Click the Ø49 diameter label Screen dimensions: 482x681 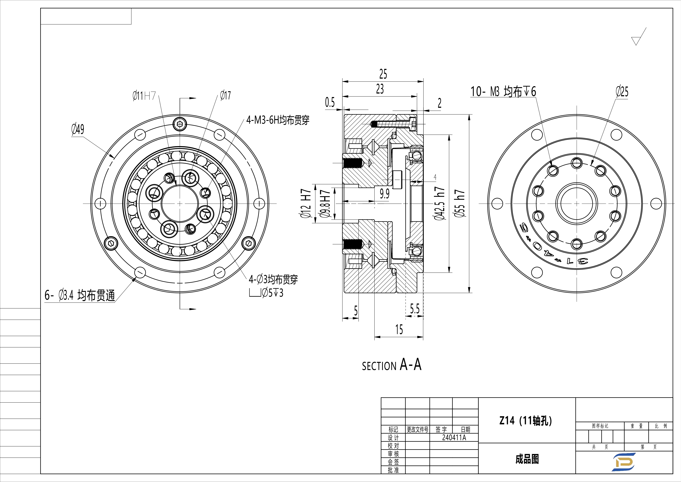(x=78, y=129)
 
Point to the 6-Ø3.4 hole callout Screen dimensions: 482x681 (x=79, y=296)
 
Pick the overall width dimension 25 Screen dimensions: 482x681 (x=383, y=74)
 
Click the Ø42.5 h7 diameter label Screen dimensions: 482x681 (x=440, y=203)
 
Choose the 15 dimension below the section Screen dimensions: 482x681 (x=399, y=330)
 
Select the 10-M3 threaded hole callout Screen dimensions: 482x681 (x=503, y=92)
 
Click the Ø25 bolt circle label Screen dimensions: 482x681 (x=622, y=92)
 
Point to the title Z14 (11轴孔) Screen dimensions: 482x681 (x=526, y=421)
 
